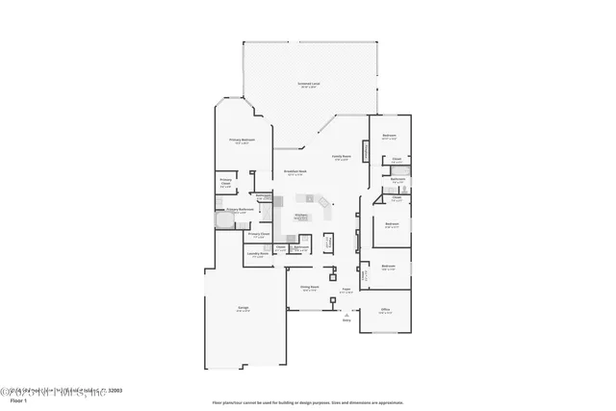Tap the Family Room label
342,156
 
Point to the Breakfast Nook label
295,173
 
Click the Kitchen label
301,217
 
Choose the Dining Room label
309,287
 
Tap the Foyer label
346,288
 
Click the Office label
385,309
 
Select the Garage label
244,309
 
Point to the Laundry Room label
257,254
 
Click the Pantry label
329,243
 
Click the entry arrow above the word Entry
346,314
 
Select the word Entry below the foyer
346,321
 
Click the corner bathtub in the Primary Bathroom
222,220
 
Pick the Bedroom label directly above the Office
388,266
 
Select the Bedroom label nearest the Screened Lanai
389,135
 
